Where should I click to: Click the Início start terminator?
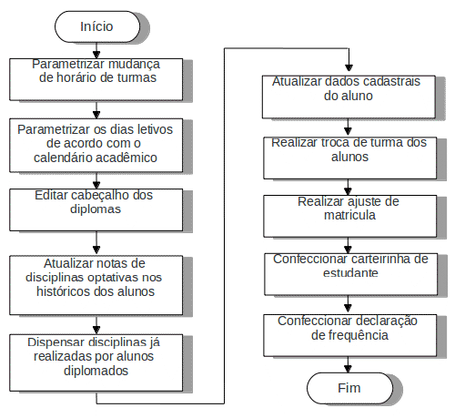[x=97, y=26]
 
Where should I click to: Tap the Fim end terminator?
[x=349, y=388]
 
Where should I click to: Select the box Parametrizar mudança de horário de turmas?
[x=96, y=79]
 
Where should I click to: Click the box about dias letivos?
[x=96, y=146]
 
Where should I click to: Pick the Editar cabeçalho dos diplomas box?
[x=96, y=209]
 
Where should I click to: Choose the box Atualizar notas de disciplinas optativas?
[x=96, y=285]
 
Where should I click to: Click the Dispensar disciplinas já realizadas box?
[x=96, y=362]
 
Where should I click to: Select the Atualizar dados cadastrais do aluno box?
[x=349, y=97]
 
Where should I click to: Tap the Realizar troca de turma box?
[x=350, y=158]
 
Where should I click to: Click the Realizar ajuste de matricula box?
[x=350, y=216]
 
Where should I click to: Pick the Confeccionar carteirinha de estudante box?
[x=351, y=274]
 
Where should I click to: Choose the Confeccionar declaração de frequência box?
[x=350, y=335]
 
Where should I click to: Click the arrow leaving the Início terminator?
[x=96, y=50]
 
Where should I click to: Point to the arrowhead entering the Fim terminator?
[x=349, y=369]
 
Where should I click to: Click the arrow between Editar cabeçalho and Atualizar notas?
[x=96, y=243]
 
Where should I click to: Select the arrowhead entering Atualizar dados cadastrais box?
[x=349, y=67]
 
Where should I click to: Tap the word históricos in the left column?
[x=64, y=291]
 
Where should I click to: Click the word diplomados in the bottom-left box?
[x=96, y=371]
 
